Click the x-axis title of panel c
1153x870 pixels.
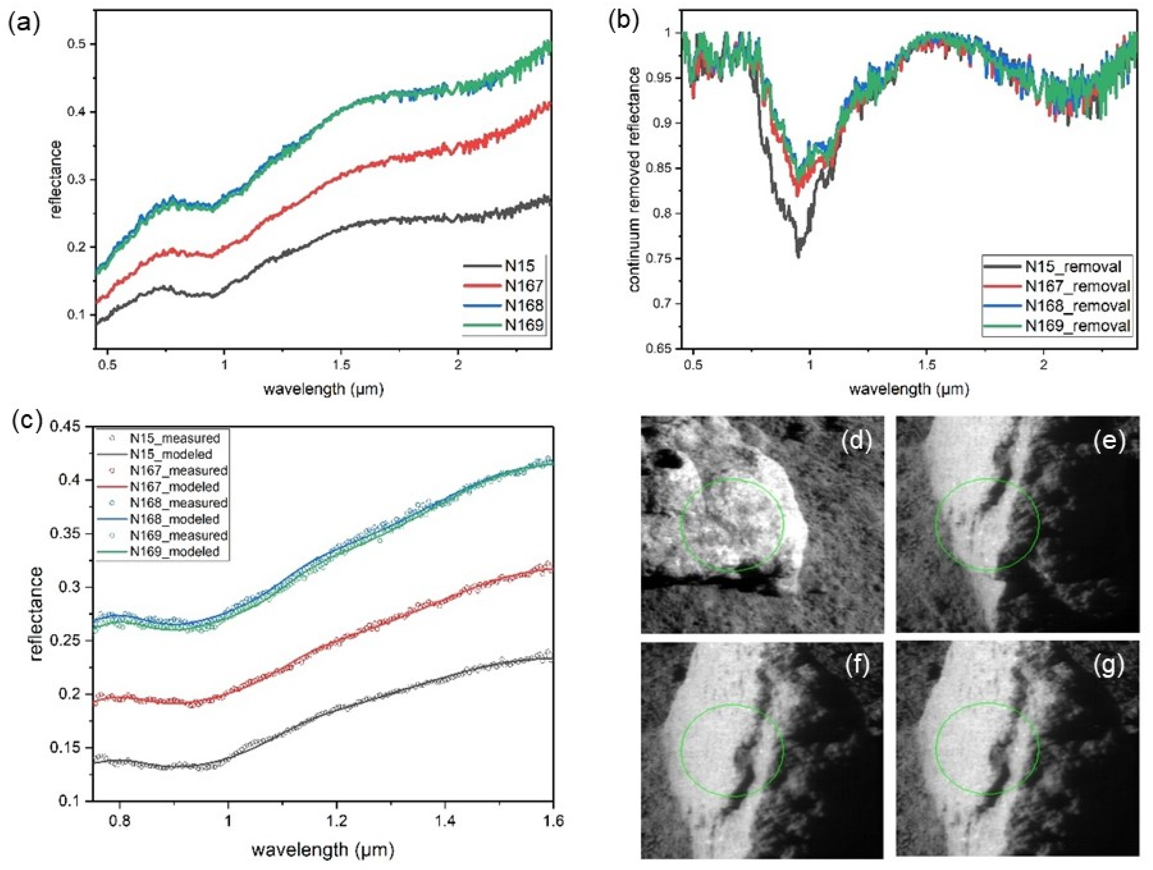[x=322, y=850]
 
